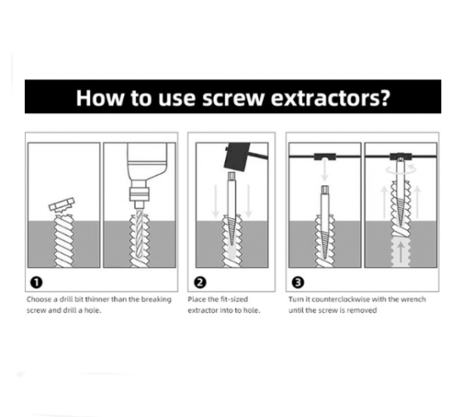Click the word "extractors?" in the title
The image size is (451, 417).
[330, 98]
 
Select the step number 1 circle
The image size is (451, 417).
[36, 282]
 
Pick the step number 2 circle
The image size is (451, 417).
[200, 282]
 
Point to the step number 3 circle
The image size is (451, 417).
[298, 282]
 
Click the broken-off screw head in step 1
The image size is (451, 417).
[62, 204]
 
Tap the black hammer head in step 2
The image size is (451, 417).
[237, 156]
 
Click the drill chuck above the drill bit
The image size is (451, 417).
[139, 194]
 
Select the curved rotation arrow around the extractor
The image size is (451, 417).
[401, 170]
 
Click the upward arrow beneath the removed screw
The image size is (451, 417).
[401, 252]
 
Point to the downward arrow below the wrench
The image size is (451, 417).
[324, 171]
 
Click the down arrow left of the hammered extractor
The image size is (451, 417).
[215, 201]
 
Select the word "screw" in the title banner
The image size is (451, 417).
[233, 98]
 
